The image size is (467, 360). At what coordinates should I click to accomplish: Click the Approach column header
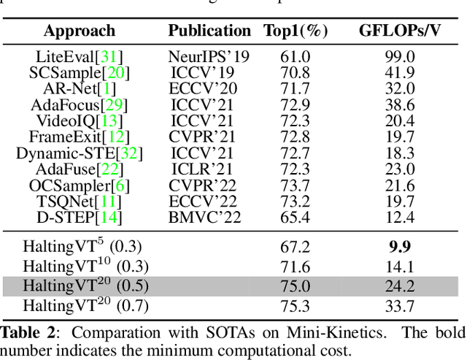79,31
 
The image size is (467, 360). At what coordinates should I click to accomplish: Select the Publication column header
209,31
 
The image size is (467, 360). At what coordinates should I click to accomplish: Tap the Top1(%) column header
296,31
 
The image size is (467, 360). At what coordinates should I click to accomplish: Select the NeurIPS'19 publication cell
209,56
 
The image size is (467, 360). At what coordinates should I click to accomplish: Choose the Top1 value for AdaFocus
295,104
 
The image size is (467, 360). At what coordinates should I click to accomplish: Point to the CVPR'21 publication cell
209,137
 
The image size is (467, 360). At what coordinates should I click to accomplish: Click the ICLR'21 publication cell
209,169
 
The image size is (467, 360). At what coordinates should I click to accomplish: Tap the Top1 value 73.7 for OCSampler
295,185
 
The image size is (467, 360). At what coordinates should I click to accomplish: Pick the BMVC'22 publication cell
209,217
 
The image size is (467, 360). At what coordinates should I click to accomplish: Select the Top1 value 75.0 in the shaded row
295,286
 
